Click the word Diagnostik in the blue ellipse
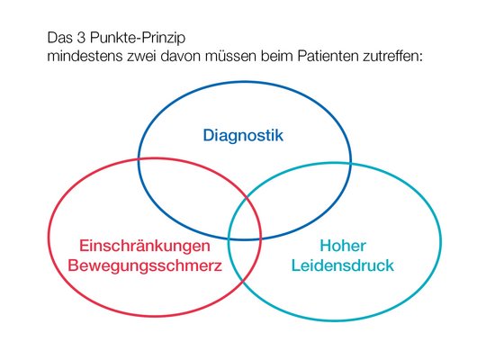click(x=243, y=136)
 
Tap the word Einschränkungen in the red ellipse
click(x=145, y=246)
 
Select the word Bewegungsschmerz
click(x=145, y=265)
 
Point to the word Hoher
click(x=343, y=246)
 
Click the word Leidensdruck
click(x=343, y=265)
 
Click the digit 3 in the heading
click(x=80, y=38)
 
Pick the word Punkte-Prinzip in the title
click(x=138, y=39)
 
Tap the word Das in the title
click(x=60, y=38)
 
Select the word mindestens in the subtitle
click(x=85, y=56)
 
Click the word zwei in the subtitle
click(x=141, y=56)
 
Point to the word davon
click(x=180, y=56)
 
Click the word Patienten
click(x=328, y=56)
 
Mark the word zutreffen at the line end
click(x=391, y=56)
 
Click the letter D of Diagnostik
click(x=208, y=135)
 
